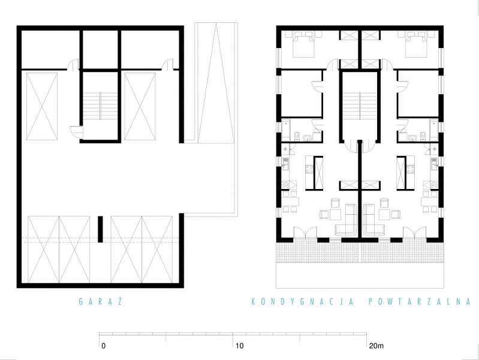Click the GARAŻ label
(101, 302)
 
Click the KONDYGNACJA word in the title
(302, 302)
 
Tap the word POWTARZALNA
(420, 302)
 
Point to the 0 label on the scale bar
(104, 346)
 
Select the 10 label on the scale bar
(240, 346)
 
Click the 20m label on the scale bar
(376, 346)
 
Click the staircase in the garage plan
(100, 106)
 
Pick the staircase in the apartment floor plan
(360, 106)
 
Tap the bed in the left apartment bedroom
(303, 44)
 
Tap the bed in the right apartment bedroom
(416, 44)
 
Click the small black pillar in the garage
(100, 229)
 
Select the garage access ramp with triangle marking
(216, 83)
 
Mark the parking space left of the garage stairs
(42, 106)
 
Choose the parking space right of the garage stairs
(140, 106)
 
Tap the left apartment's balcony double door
(306, 232)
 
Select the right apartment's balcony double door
(414, 232)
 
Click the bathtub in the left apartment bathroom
(285, 131)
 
